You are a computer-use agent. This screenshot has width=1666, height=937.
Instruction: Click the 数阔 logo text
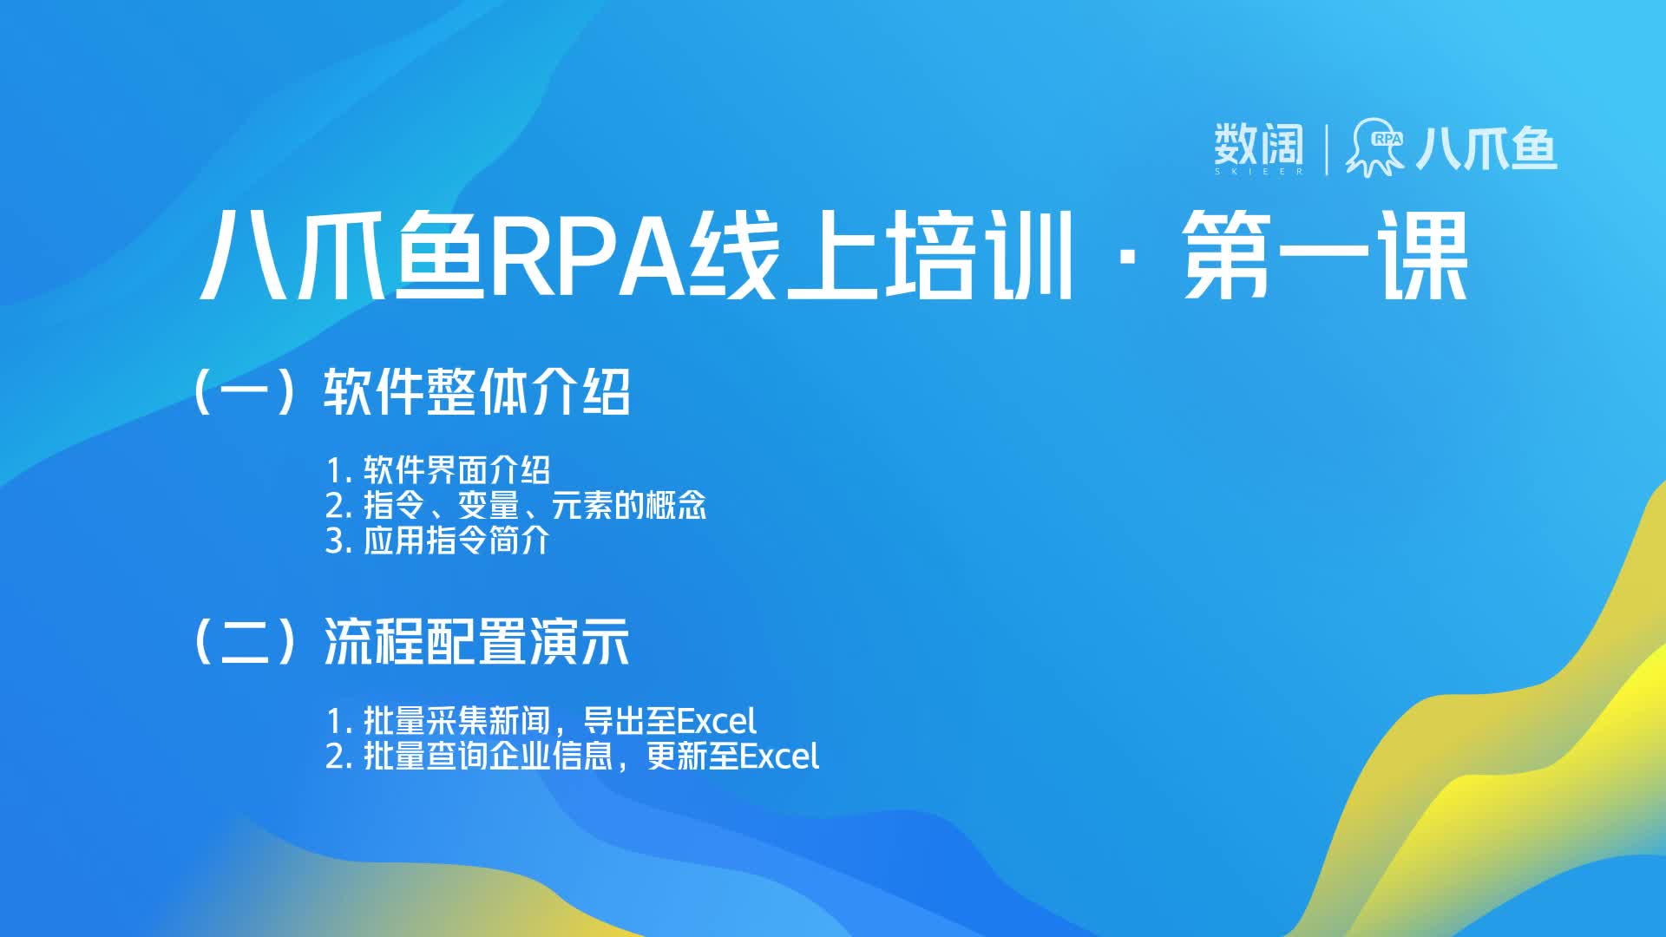(x=1258, y=144)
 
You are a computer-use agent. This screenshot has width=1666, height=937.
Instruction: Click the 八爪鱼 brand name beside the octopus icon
(x=1486, y=148)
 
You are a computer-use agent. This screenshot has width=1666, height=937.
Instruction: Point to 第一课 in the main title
(x=1325, y=257)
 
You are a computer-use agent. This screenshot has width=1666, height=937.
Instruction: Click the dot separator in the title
(x=1127, y=259)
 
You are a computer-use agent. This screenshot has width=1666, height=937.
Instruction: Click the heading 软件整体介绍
(x=476, y=392)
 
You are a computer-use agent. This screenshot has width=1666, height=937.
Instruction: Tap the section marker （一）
(x=246, y=392)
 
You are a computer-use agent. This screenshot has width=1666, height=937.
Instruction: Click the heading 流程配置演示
(x=476, y=642)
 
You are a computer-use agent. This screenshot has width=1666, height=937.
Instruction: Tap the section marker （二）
(x=246, y=642)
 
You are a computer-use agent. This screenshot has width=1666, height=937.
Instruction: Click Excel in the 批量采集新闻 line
(x=716, y=721)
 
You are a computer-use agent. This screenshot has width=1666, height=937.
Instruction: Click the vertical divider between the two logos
(x=1327, y=150)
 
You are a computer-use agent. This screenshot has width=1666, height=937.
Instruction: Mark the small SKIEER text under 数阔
(x=1259, y=172)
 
